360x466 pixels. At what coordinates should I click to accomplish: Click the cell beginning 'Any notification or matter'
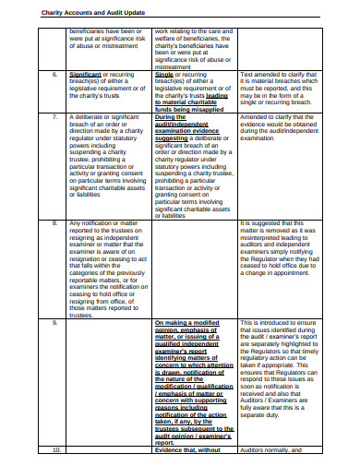pyautogui.click(x=103, y=222)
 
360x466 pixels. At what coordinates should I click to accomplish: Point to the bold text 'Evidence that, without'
pyautogui.click(x=188, y=450)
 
